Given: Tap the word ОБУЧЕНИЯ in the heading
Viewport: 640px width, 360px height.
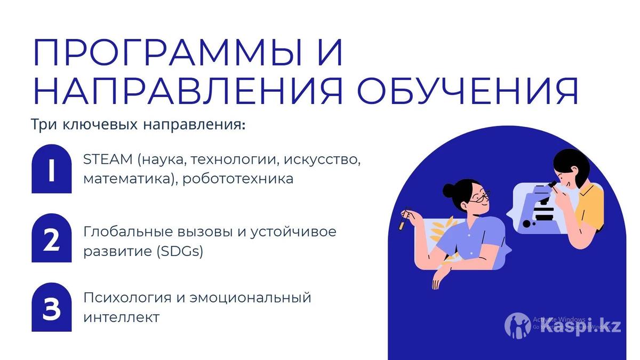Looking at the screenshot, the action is click(468, 91).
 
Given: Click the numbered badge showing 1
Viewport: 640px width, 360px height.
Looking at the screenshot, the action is click(51, 169).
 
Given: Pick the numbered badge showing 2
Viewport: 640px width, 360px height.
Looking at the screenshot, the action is click(51, 238).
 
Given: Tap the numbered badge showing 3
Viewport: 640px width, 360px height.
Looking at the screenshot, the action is click(51, 307).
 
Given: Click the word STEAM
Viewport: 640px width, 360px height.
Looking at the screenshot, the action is click(108, 159).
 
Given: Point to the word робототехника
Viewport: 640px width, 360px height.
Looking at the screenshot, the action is click(238, 179).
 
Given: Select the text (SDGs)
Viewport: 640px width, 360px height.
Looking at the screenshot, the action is click(180, 251).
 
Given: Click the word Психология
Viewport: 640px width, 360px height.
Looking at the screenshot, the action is click(127, 298).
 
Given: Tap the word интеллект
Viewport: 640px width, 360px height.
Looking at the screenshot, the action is click(122, 317).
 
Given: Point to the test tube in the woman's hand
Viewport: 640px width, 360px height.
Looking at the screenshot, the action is click(403, 220).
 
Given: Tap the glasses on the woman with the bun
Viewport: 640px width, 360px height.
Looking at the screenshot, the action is click(479, 198).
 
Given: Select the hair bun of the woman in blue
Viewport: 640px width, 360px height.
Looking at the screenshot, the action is click(449, 190).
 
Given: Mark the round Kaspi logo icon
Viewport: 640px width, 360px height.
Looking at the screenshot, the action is click(517, 325).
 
